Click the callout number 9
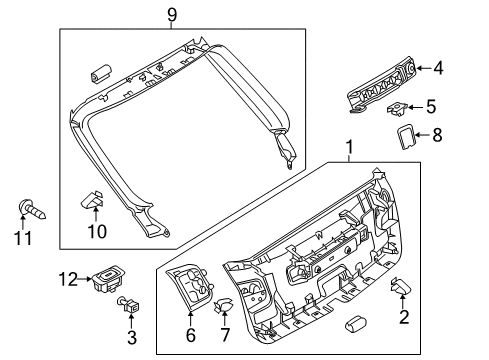(x=172, y=15)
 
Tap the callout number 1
(x=349, y=147)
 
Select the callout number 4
(x=438, y=68)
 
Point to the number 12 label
(x=68, y=279)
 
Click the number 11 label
(x=23, y=238)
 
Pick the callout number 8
(x=437, y=135)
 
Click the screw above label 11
(x=32, y=209)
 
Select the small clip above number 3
(x=128, y=304)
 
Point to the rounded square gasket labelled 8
(x=406, y=137)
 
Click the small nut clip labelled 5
(x=397, y=109)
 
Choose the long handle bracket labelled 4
(x=381, y=84)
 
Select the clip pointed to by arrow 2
(x=400, y=286)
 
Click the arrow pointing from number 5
(x=416, y=107)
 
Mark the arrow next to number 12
(x=84, y=279)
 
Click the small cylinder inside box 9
(x=101, y=73)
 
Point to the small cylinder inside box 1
(x=356, y=323)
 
